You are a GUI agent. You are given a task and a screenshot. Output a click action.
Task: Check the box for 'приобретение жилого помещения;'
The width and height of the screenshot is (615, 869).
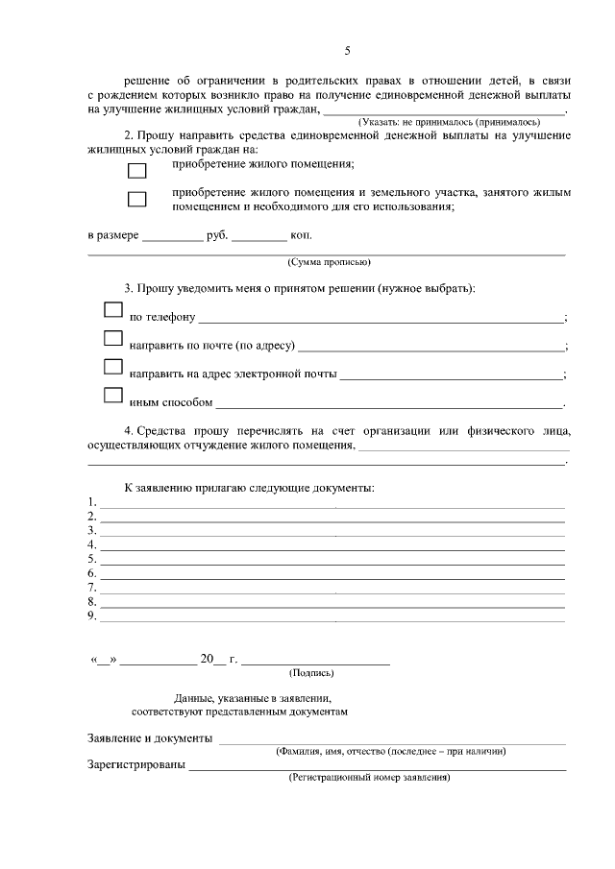[x=137, y=170]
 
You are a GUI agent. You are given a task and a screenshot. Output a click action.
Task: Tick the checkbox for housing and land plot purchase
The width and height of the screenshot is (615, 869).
[x=137, y=200]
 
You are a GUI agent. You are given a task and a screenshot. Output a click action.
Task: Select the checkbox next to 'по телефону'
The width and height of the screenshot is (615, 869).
[x=113, y=310]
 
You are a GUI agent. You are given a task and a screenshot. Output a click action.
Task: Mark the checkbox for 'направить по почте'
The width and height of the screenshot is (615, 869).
[x=113, y=339]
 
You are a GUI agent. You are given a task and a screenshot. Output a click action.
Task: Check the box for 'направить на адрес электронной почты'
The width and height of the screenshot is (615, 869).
[x=113, y=367]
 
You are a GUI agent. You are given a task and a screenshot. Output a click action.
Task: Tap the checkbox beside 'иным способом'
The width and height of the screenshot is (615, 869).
[x=113, y=395]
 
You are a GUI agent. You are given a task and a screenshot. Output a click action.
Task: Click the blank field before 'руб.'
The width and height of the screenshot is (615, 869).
[x=173, y=236]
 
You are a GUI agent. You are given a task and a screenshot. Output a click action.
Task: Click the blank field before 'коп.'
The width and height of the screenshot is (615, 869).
[x=259, y=236]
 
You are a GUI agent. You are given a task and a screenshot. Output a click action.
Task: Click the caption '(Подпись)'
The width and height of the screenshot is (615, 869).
[x=310, y=673]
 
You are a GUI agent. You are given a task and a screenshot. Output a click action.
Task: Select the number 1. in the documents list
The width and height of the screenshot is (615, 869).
[x=92, y=501]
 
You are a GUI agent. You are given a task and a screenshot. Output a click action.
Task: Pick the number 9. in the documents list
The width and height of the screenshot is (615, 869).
[x=92, y=616]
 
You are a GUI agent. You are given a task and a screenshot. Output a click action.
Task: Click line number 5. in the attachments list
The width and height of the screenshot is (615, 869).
[x=92, y=559]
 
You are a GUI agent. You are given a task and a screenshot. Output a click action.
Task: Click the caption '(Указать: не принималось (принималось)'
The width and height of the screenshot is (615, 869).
[x=449, y=123]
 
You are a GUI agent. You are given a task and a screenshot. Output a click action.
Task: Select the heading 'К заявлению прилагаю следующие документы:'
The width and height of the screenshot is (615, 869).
[x=249, y=488]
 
